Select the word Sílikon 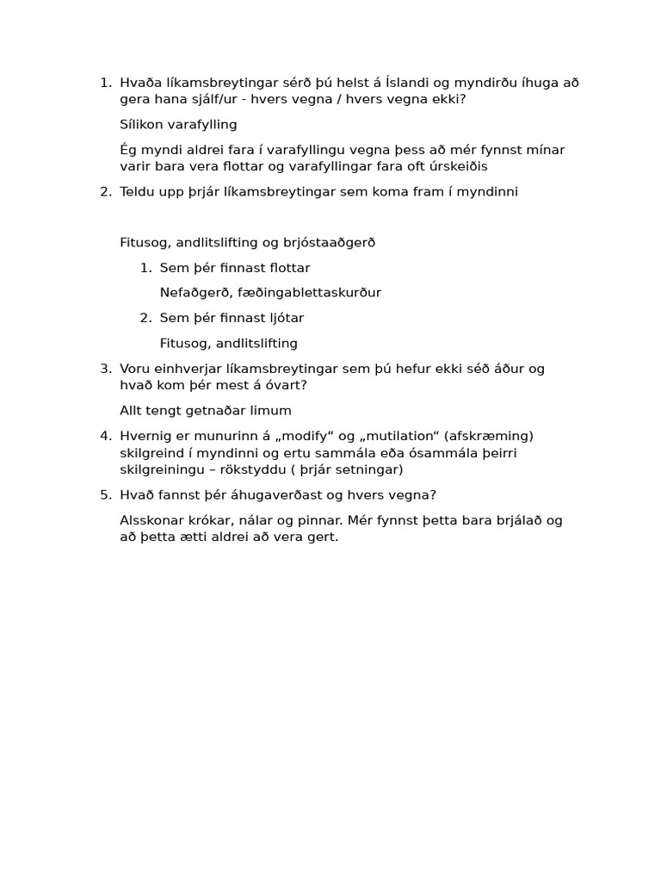pos(143,125)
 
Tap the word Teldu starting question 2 pos(138,191)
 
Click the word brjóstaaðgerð pos(333,242)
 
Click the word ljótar pos(283,318)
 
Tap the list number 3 pos(105,369)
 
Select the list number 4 pos(105,436)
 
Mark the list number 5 pos(105,494)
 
